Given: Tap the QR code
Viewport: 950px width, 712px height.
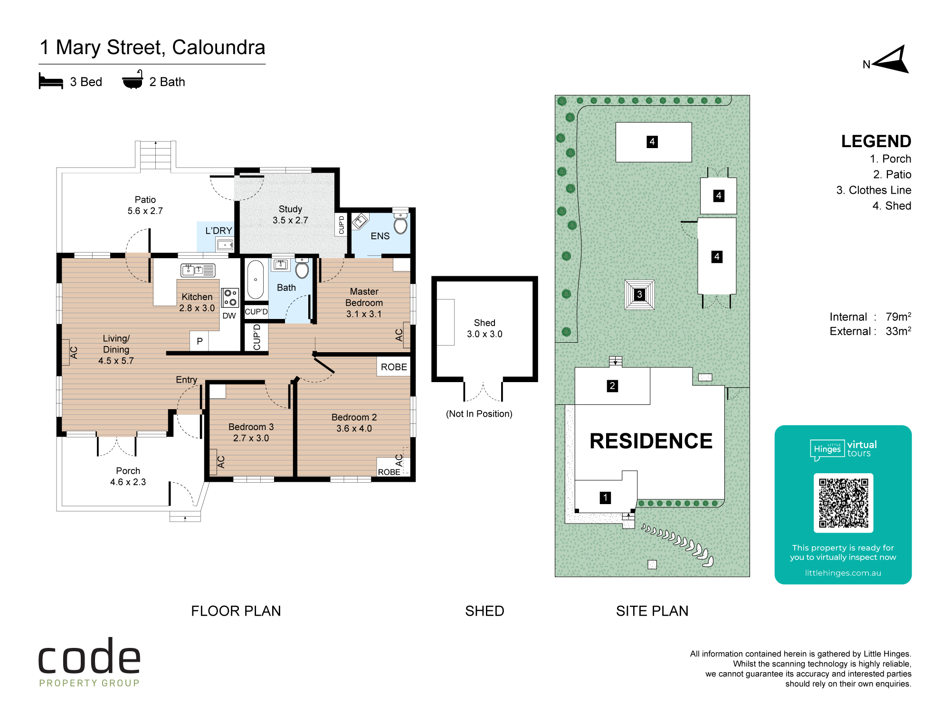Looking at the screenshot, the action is pos(843,503).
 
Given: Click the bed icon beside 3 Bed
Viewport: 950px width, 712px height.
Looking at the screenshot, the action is pos(51,81).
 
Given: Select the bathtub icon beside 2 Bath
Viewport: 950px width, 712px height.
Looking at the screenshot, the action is pos(133,80).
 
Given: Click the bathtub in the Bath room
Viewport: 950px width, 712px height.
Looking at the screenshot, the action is pos(256,280).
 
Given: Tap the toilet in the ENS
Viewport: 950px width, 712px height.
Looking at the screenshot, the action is pos(400,223).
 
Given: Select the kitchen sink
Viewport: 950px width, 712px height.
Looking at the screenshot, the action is pos(198,270).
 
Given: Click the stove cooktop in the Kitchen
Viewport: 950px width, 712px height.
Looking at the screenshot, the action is pos(230,298).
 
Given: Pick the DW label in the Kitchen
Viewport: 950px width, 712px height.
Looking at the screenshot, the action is pos(229,316).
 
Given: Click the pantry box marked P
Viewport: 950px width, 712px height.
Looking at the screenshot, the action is pos(199,341).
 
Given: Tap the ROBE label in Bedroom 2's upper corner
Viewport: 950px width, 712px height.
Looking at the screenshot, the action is pos(394,367).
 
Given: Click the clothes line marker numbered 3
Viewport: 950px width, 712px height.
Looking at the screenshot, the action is pos(639,294).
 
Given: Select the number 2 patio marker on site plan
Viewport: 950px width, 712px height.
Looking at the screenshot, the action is pos(612,386).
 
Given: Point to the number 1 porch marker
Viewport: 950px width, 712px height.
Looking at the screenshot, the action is pos(605,497).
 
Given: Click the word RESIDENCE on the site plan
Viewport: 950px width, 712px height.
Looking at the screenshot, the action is pos(651,441).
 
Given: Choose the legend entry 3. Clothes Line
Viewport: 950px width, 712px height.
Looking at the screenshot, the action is pos(874,190).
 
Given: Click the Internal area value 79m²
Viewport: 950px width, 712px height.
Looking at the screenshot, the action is pos(898,316).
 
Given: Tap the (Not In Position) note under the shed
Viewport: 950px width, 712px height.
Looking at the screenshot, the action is pos(479,414).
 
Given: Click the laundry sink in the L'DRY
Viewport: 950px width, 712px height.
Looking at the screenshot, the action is pos(225,245).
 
